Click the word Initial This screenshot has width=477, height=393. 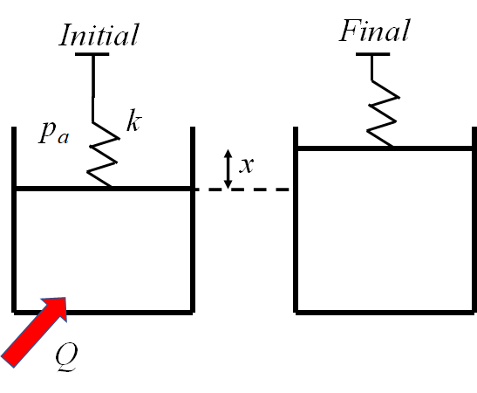pos(98,35)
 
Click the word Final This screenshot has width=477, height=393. pos(374,32)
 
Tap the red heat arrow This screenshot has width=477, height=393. pos(35,329)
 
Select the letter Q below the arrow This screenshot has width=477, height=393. pos(67,356)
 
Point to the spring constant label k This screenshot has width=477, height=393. pos(133,122)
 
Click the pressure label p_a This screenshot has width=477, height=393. pos(53,133)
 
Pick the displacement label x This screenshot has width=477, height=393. pos(247,164)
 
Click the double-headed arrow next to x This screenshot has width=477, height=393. pos(228,169)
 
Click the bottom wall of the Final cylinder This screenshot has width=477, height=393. pos(384,309)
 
